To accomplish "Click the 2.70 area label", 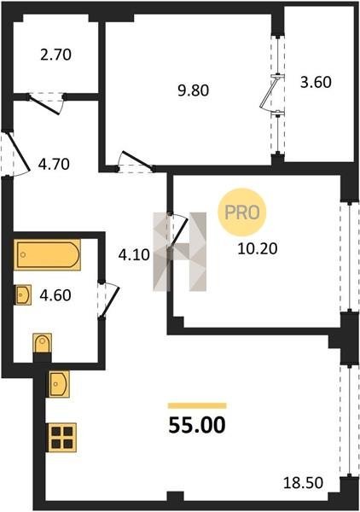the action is [x=55, y=55].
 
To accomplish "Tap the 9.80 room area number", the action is [x=193, y=90].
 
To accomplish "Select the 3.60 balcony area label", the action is [x=316, y=82].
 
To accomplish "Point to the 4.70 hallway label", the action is [x=54, y=164].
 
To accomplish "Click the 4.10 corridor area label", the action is [x=134, y=254].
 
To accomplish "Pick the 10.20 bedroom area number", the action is [x=258, y=249].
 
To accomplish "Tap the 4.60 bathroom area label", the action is [x=55, y=295].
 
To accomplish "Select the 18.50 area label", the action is [x=303, y=483].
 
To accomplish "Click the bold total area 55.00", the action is [x=197, y=426].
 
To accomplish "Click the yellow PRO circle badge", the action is [x=242, y=212].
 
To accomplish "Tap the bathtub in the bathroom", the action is [x=47, y=254].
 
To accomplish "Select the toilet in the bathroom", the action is [x=43, y=343].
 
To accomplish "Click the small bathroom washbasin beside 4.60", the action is [x=24, y=295].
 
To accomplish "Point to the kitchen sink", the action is [x=59, y=384].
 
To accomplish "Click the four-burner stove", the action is [x=62, y=438].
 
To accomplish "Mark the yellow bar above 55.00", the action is [x=197, y=406].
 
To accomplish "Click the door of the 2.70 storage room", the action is [x=46, y=104].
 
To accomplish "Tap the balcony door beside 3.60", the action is [x=270, y=93].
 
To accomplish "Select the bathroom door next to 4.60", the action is [x=109, y=300].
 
